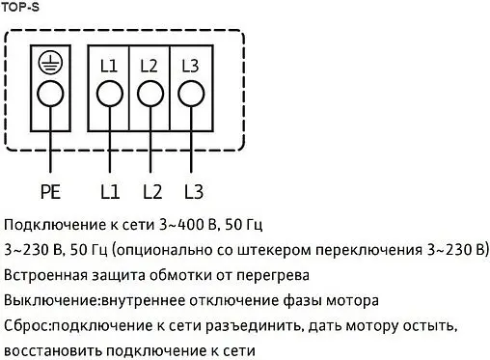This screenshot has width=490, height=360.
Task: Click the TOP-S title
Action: coord(18,7)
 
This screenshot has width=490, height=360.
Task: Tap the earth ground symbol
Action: coord(50,64)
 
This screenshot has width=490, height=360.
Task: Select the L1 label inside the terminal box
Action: coord(108,67)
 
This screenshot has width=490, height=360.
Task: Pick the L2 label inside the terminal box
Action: coord(150,67)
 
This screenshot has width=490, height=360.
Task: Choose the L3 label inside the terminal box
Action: coord(190,67)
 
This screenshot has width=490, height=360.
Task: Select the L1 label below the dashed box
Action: coord(109,190)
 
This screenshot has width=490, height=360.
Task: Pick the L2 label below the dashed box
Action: coord(150,190)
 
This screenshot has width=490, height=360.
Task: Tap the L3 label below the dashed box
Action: coord(192,190)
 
